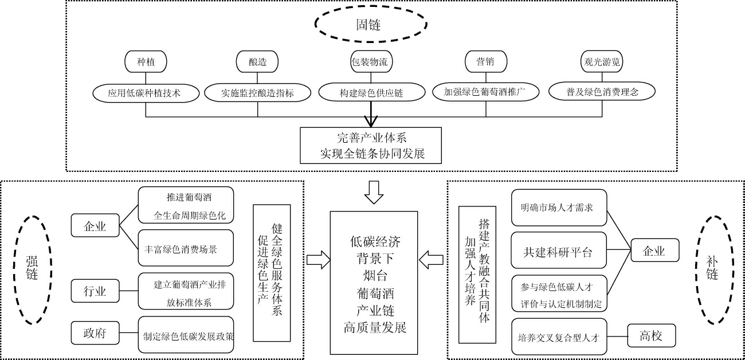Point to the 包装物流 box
371,62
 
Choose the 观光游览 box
602,62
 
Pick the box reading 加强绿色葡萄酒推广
485,92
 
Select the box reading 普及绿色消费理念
602,92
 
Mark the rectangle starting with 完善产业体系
371,146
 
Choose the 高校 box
651,336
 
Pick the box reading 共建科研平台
558,251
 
